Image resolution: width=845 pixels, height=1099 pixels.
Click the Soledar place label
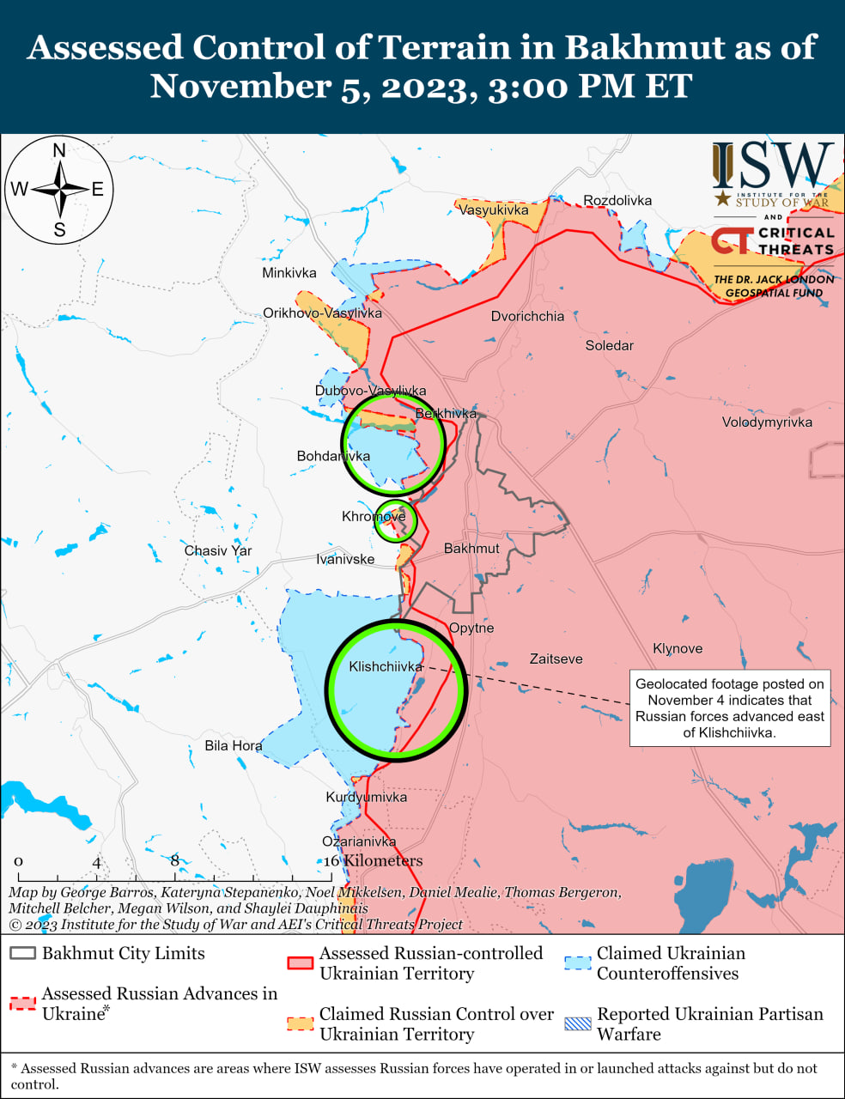point(609,345)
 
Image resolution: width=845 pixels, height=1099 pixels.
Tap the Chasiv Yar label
point(218,550)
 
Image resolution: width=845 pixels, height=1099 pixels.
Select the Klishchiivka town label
point(386,666)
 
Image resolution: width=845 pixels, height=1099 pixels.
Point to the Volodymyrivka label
point(767,422)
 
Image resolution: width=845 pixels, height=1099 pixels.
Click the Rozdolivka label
point(617,200)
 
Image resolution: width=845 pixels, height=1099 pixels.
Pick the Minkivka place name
point(289,272)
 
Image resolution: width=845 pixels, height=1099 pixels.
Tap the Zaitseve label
point(556,659)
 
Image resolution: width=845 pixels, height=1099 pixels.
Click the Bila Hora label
point(234,745)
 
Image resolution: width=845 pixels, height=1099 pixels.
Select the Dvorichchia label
point(527,316)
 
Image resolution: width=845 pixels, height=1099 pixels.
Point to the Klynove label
point(678,648)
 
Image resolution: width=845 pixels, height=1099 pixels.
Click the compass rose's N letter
point(59,151)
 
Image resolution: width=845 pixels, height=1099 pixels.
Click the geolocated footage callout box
point(730,708)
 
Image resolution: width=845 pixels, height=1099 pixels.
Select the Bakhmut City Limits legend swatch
point(23,954)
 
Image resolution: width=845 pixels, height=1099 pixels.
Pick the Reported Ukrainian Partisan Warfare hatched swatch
point(578,1023)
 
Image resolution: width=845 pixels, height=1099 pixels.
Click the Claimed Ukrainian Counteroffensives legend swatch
point(578,962)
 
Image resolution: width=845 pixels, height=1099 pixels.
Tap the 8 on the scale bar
point(175,860)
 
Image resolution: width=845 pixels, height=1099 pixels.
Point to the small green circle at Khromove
point(395,520)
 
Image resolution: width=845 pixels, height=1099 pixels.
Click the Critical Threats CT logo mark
point(732,240)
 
